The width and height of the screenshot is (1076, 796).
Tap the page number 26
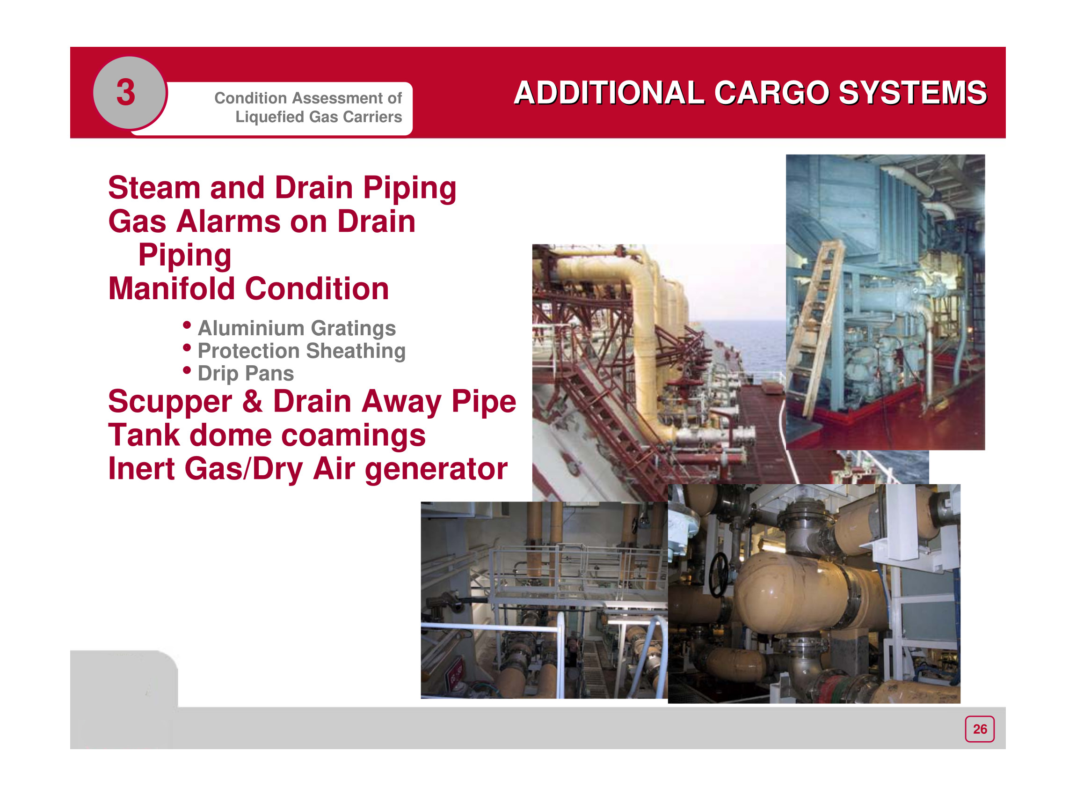(x=980, y=729)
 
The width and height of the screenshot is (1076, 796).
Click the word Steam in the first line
(x=153, y=187)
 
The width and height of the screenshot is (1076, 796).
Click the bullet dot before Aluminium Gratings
(x=187, y=325)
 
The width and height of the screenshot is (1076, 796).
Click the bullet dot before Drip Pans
(x=187, y=370)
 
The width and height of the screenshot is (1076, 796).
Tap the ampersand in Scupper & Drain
(x=252, y=401)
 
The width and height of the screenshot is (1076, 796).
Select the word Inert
(x=141, y=469)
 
